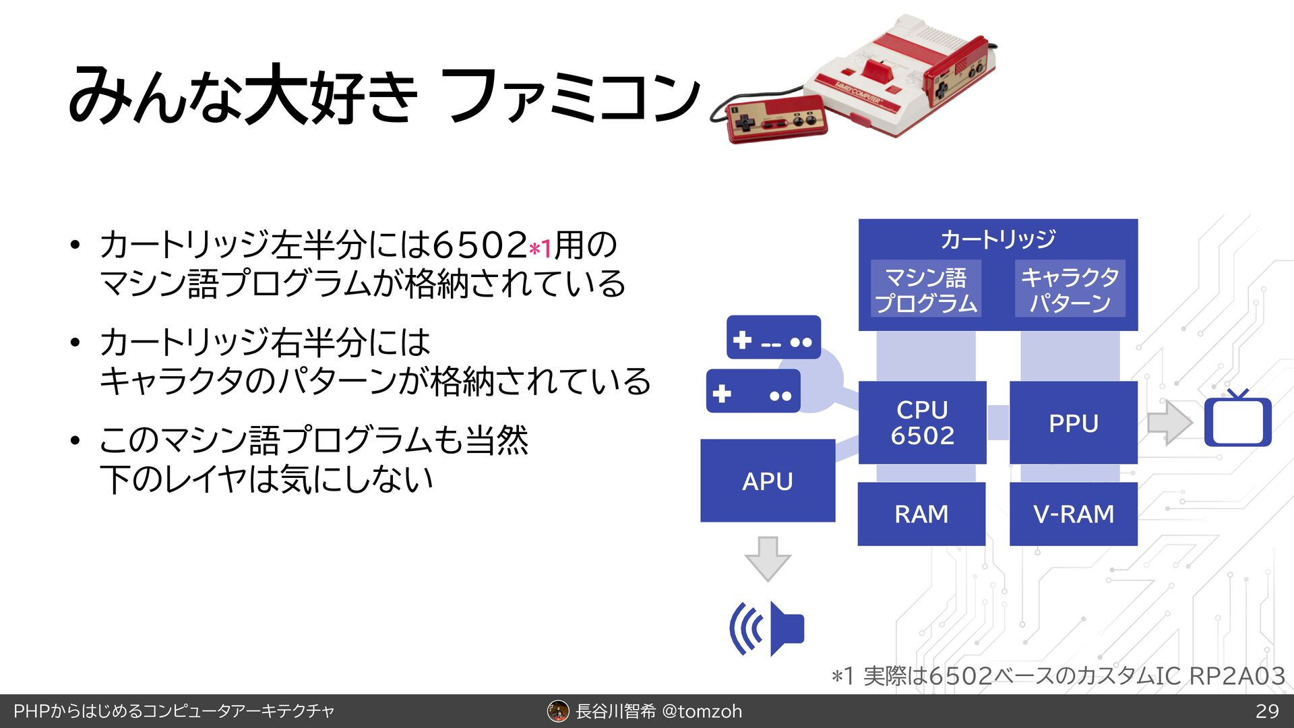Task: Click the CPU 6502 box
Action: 922,423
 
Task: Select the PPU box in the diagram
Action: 1073,423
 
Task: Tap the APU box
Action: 768,481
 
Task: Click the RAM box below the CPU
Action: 921,514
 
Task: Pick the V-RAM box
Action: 1073,514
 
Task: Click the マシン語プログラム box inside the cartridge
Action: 925,289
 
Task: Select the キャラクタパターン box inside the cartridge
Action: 1070,289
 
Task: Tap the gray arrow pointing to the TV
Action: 1169,423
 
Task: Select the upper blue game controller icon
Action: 773,338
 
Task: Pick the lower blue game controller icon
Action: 753,392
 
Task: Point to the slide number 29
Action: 1267,711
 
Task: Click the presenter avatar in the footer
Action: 558,711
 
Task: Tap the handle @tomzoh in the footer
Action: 702,711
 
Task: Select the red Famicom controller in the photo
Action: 776,120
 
